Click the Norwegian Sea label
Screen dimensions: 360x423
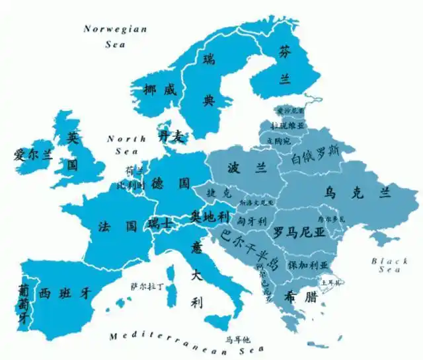click(x=116, y=37)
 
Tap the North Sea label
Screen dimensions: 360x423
click(x=126, y=144)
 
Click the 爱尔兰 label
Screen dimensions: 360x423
click(x=32, y=156)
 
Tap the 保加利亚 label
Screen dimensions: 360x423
click(x=308, y=264)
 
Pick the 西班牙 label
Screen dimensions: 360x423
click(x=64, y=292)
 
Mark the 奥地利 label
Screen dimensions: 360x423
click(x=210, y=215)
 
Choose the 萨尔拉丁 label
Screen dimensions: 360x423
click(x=147, y=286)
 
